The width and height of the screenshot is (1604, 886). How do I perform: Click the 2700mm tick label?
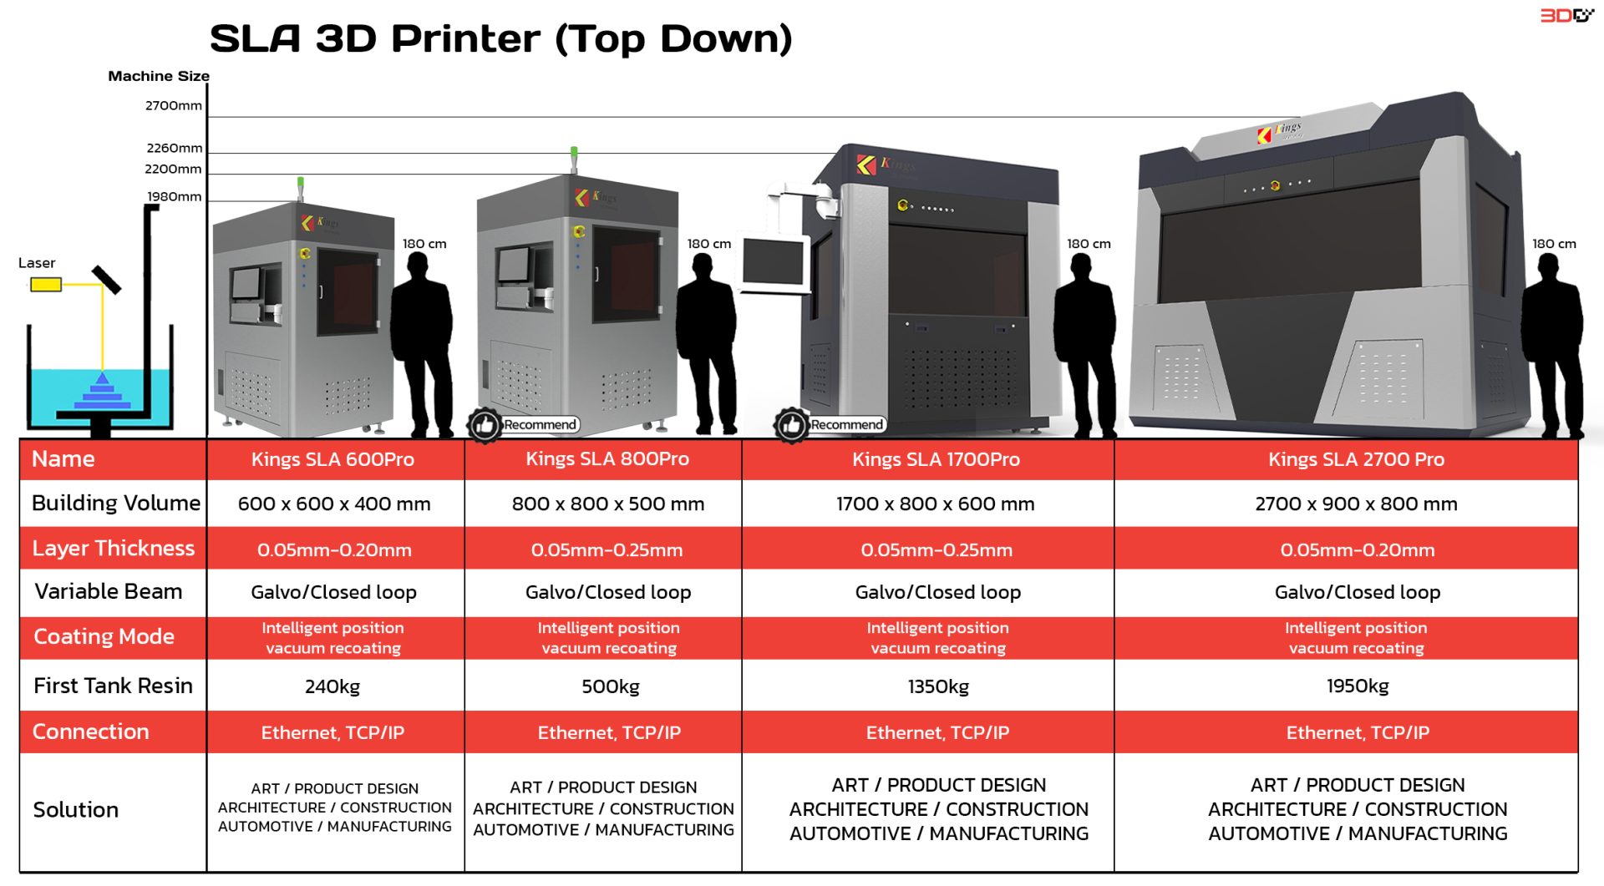point(173,106)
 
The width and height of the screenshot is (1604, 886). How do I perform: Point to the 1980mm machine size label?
point(175,197)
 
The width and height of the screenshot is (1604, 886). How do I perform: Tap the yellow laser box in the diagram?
point(46,286)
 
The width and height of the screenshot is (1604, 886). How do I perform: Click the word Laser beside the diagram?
point(37,263)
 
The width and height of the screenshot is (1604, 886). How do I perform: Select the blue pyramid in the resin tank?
point(102,392)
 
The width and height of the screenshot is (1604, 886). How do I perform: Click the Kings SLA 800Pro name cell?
point(607,459)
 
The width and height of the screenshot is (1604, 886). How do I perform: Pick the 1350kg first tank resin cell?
point(938,686)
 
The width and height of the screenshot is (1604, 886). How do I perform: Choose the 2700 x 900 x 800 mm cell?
point(1356,504)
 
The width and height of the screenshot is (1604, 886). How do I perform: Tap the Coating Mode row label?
point(104,637)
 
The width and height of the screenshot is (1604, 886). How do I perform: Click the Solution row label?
point(76,810)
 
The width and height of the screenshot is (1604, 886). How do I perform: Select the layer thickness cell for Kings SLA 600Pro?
point(334,550)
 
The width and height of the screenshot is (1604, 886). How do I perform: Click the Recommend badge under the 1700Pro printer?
point(846,425)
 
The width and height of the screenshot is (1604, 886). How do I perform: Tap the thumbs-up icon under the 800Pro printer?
point(484,425)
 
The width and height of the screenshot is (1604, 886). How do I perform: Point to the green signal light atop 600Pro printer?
point(301,182)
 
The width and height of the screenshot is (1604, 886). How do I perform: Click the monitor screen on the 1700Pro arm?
point(773,261)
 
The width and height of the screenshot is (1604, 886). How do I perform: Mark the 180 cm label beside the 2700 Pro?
point(1554,244)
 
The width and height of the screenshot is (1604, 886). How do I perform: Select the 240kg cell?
point(332,686)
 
